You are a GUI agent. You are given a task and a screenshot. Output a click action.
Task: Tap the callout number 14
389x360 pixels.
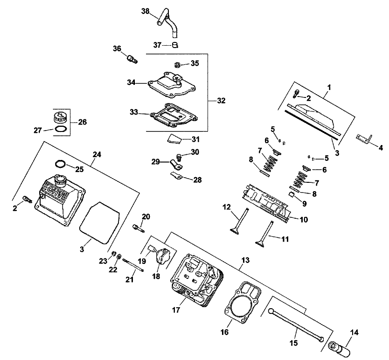click(x=354, y=332)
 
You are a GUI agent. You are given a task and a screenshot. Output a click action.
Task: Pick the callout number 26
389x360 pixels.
click(x=82, y=122)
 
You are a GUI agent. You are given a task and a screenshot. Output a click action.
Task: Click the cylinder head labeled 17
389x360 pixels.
click(x=196, y=280)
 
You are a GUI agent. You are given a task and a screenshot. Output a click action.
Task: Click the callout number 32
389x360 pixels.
click(x=221, y=100)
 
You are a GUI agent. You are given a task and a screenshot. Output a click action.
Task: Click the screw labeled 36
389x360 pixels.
click(x=131, y=59)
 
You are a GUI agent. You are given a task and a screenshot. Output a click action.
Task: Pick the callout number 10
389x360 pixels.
click(x=304, y=219)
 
